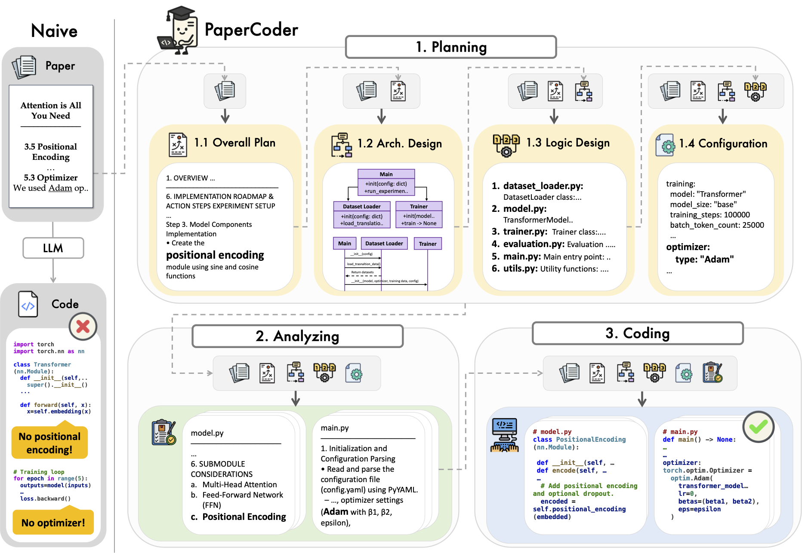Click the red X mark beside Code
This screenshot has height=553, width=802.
(x=83, y=327)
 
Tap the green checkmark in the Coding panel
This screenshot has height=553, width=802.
(x=758, y=427)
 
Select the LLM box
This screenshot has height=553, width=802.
(x=53, y=248)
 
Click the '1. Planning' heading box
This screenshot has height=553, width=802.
(x=450, y=47)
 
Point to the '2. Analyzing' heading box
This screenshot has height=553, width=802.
(x=297, y=336)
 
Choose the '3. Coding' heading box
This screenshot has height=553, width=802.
(x=637, y=333)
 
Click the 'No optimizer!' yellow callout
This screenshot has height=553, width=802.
(x=53, y=522)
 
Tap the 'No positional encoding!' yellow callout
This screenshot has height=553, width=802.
(x=49, y=443)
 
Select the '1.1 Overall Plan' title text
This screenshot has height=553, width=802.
(x=234, y=143)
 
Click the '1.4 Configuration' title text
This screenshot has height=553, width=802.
(x=723, y=144)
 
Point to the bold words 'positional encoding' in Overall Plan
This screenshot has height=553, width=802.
(x=215, y=255)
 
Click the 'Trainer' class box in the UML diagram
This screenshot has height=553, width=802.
(x=419, y=214)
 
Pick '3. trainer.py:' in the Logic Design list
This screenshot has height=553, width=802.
(x=519, y=232)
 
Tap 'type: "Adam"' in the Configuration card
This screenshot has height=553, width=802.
(x=704, y=259)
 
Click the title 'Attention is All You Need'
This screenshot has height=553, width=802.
(x=51, y=110)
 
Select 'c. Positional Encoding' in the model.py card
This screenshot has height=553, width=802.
(x=239, y=516)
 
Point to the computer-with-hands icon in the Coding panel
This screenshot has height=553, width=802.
(x=504, y=435)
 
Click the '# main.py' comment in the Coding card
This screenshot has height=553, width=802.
(x=680, y=431)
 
